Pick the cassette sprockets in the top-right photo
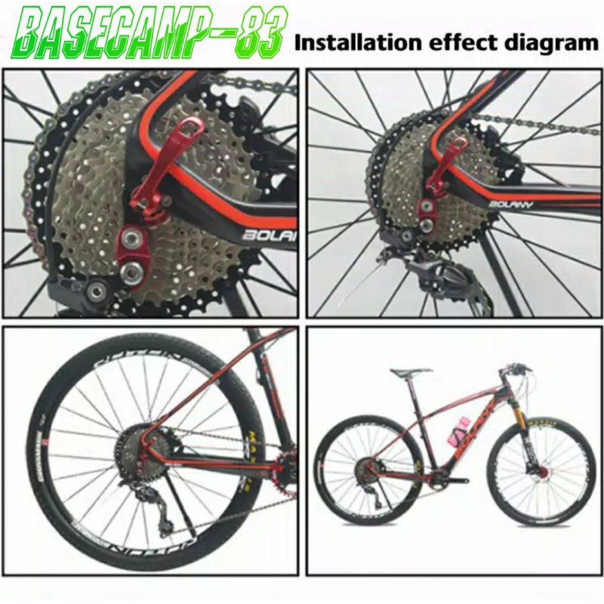point(400,181)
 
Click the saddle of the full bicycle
point(411,372)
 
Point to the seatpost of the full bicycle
point(413,385)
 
